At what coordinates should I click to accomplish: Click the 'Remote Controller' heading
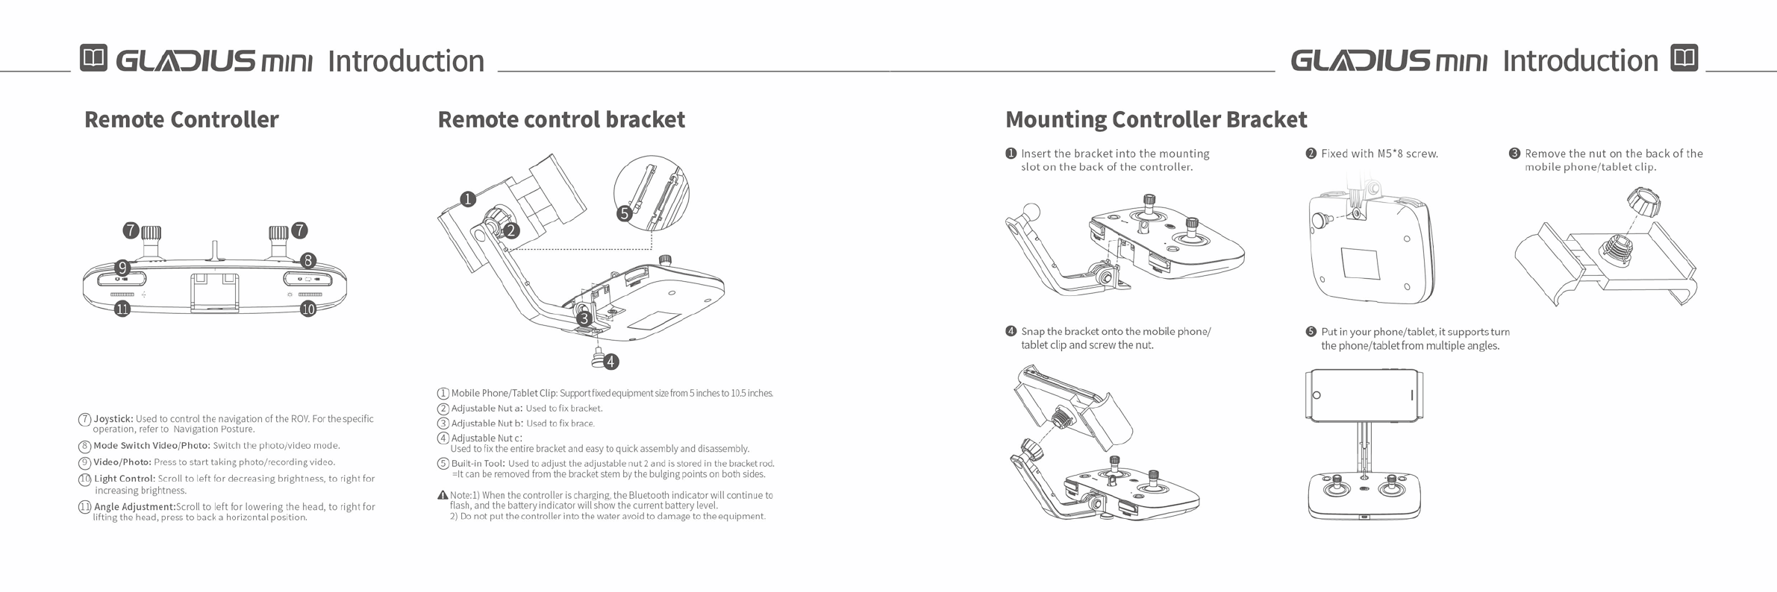tap(181, 119)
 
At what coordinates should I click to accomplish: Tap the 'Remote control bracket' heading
tap(561, 119)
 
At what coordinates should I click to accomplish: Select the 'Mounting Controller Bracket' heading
tap(1156, 119)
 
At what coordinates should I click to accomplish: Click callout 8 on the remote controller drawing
tap(307, 260)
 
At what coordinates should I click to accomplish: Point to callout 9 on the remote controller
tap(122, 267)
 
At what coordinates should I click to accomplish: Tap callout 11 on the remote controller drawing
tap(122, 309)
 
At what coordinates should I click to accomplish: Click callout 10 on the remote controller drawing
tap(308, 309)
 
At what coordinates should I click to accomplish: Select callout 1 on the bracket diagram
tap(468, 199)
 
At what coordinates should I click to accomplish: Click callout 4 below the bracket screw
tap(610, 362)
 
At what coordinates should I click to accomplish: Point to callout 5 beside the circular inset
tap(625, 214)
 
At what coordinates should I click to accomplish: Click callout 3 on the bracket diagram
tap(585, 318)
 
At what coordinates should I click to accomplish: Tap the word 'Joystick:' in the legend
tap(113, 419)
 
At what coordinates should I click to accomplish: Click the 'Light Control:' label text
tap(125, 479)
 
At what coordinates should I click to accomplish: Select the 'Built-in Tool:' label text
tap(478, 464)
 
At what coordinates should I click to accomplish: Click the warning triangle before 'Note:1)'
tap(443, 495)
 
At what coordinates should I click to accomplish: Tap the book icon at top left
tap(94, 58)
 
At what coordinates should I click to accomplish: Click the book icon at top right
tap(1684, 58)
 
